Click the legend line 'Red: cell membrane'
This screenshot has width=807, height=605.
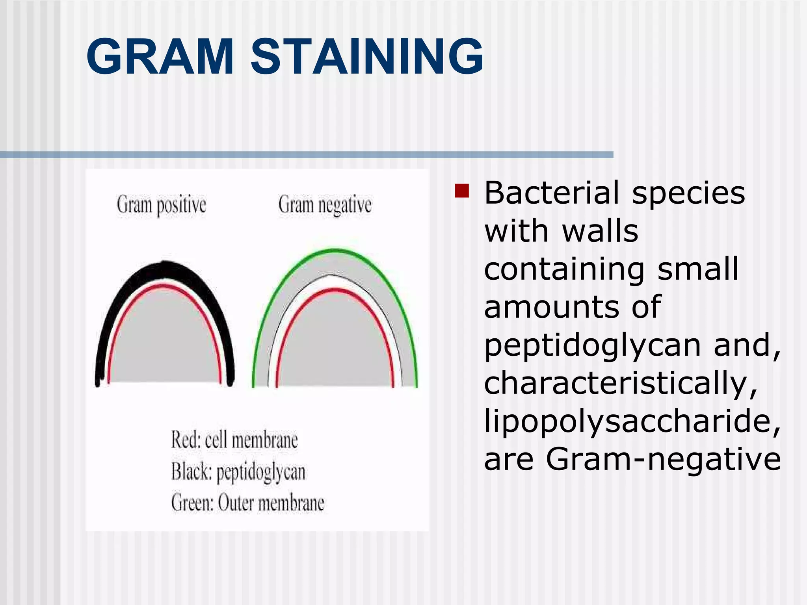pos(234,440)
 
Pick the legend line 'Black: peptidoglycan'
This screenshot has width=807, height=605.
pos(238,471)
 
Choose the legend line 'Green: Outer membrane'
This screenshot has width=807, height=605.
pos(247,503)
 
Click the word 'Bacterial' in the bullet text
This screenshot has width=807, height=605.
pos(552,193)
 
